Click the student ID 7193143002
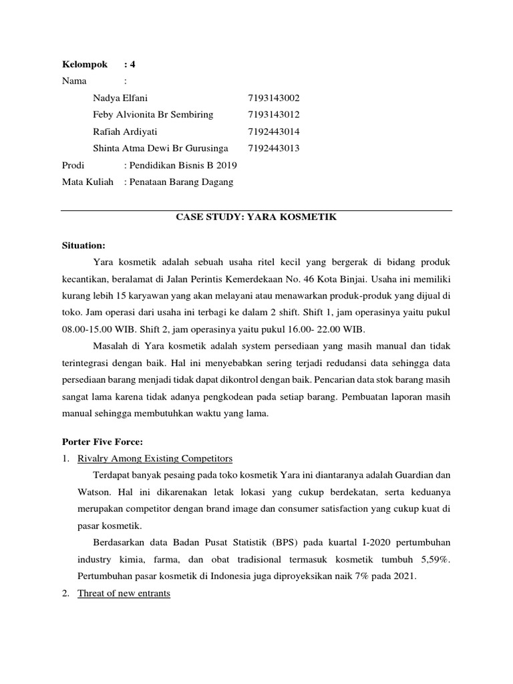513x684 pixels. (x=274, y=98)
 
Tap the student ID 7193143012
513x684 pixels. (x=274, y=115)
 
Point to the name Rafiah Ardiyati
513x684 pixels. (x=126, y=132)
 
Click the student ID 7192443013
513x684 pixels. (x=274, y=148)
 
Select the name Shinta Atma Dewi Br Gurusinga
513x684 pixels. (x=161, y=148)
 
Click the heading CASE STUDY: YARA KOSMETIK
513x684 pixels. (x=256, y=218)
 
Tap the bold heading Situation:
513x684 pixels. (x=83, y=246)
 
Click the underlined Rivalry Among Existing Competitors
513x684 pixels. (x=155, y=458)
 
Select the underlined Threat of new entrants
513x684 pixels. (x=124, y=593)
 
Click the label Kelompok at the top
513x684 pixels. (x=84, y=65)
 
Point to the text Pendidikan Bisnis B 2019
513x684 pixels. (x=184, y=165)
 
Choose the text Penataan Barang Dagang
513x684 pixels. (x=182, y=182)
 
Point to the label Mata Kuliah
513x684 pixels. (x=88, y=182)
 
